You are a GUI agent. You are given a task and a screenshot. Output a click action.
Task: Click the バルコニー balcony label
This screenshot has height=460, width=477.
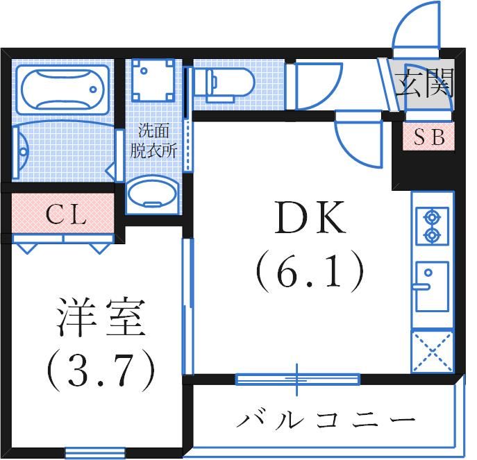coord(326,420)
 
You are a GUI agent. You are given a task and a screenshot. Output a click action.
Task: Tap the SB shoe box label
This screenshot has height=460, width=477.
coord(429,137)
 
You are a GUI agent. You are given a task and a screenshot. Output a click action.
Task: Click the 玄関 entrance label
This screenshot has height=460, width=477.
coord(424,85)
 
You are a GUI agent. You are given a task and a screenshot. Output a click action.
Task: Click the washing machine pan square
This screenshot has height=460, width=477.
coord(153,80)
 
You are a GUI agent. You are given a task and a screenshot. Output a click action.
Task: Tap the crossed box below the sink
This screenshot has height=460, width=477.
coord(433,352)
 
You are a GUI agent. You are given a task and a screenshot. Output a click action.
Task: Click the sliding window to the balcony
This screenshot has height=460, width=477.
coord(297,379)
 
